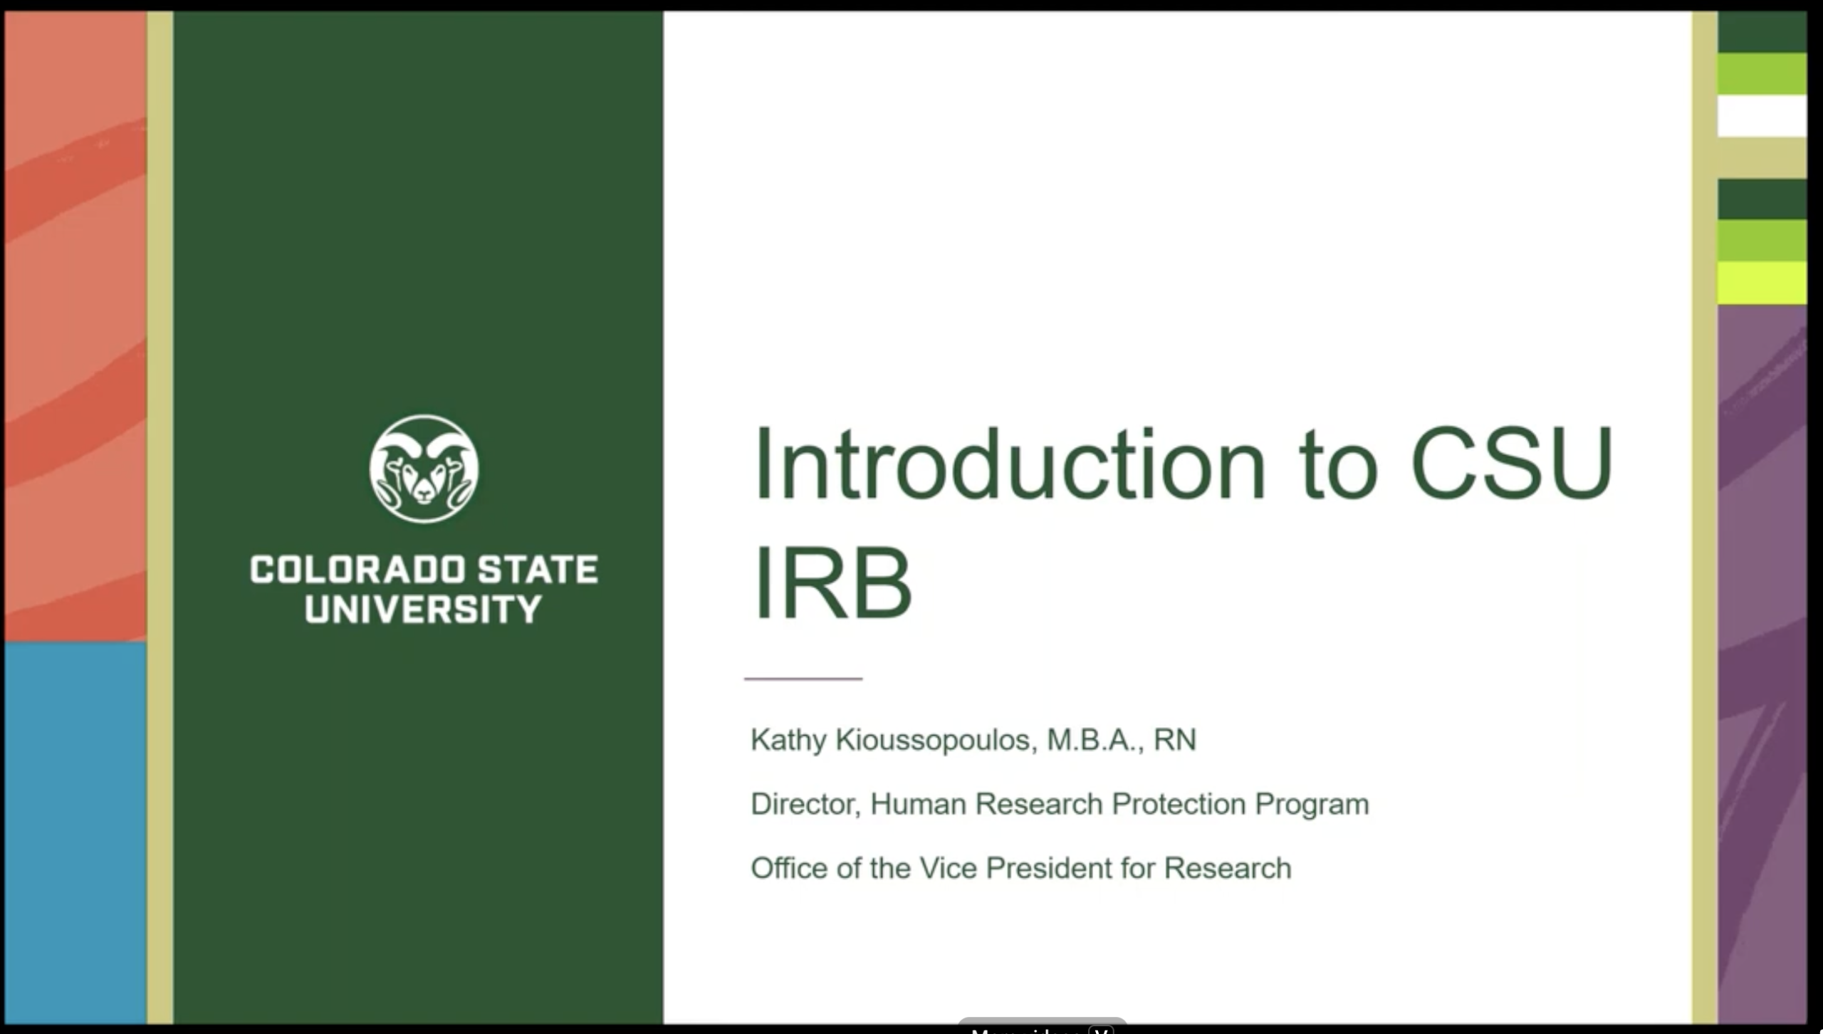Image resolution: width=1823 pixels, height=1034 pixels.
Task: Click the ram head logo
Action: (424, 469)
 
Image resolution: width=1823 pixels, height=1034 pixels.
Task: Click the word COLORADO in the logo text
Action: (357, 570)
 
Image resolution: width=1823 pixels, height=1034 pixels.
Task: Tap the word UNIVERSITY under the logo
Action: (424, 610)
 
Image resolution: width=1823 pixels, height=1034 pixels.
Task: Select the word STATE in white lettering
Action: (538, 570)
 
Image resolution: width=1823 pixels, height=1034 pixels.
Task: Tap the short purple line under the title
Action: (803, 679)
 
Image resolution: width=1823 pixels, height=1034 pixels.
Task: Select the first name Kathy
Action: (788, 741)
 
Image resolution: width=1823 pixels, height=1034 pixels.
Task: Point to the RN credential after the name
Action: (1175, 741)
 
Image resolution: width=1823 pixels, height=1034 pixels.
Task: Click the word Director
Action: (805, 804)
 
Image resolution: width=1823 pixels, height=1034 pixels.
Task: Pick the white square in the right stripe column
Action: (1762, 115)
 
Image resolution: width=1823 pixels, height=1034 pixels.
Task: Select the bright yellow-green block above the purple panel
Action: (1762, 283)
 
